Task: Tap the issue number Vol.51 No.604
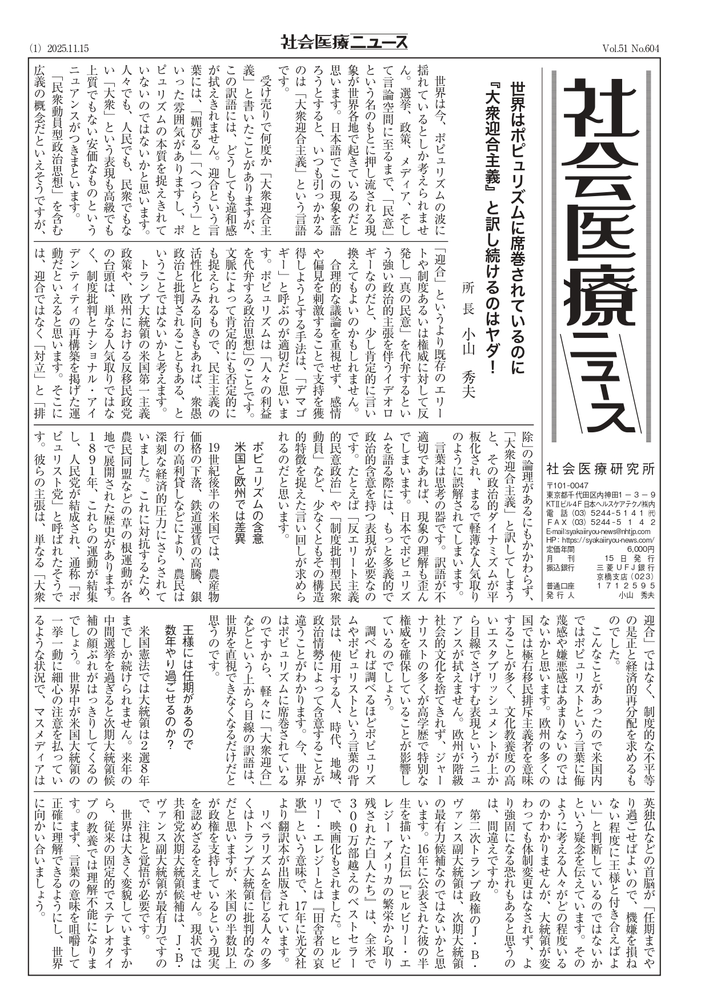pyautogui.click(x=631, y=49)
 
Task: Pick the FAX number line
pyautogui.click(x=600, y=522)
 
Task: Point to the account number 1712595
pyautogui.click(x=626, y=586)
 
